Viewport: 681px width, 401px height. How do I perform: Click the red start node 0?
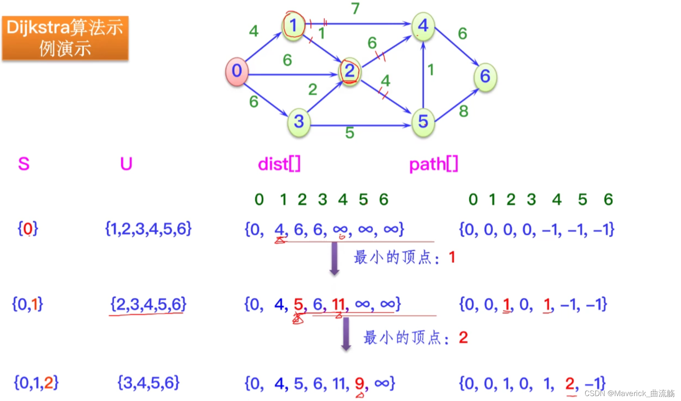[237, 71]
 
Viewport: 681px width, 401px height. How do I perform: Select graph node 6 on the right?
[485, 76]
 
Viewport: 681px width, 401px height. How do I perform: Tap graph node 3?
[299, 121]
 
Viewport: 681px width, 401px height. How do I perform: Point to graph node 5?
[423, 121]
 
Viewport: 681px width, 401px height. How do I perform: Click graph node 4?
[423, 26]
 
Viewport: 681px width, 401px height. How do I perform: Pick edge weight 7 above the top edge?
[355, 8]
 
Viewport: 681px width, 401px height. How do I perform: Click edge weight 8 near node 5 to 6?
[463, 111]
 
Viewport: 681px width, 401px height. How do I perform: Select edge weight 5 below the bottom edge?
[349, 133]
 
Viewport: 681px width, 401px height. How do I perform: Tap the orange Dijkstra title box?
[65, 39]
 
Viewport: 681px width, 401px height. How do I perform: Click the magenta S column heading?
[24, 164]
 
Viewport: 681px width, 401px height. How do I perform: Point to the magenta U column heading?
[126, 164]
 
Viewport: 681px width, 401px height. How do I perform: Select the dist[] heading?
[279, 164]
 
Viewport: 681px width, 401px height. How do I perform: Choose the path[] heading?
[433, 164]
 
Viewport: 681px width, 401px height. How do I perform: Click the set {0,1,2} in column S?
[36, 383]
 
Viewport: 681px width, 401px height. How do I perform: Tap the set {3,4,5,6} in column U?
[148, 383]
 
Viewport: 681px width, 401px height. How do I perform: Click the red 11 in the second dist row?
[339, 304]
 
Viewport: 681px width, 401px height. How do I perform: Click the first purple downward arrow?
[335, 258]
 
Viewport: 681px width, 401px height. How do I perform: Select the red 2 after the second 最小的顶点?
[463, 338]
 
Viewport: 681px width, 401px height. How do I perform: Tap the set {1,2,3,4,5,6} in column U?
[148, 229]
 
